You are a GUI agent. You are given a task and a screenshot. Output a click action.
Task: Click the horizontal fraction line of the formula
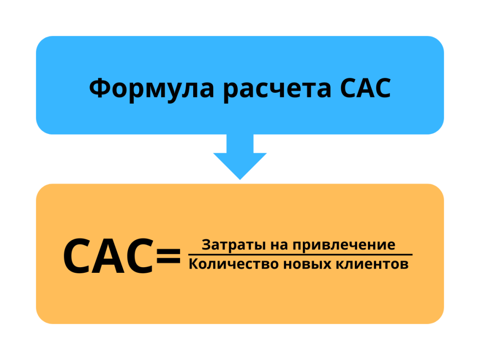click(x=300, y=255)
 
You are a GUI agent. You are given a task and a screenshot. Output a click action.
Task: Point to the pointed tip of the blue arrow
click(x=240, y=178)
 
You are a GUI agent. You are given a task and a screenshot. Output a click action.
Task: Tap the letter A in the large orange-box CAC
click(x=108, y=256)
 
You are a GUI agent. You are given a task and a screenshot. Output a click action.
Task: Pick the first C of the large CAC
click(x=78, y=256)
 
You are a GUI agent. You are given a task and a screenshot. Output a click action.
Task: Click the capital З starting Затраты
click(x=206, y=245)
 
